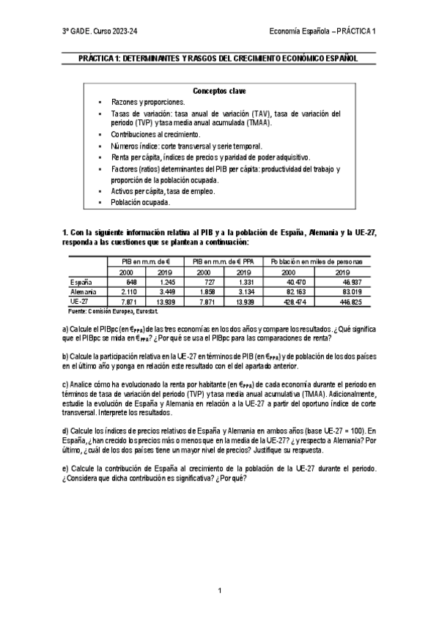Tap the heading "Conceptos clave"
coord(219,92)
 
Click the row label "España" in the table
coord(81,281)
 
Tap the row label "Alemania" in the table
coord(84,291)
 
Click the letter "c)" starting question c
coord(65,383)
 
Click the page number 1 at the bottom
coord(219,590)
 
